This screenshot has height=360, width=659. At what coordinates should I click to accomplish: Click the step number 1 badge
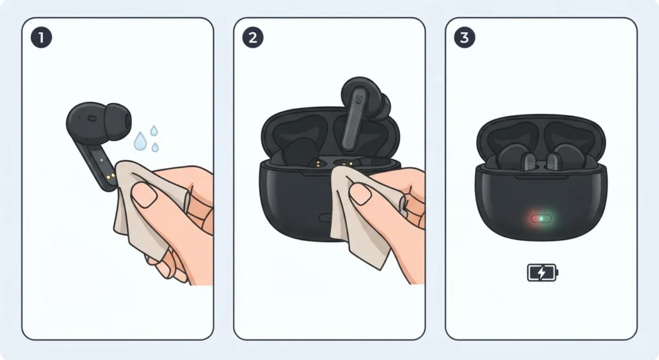(x=41, y=37)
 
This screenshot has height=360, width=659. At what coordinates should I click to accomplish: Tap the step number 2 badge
(x=253, y=37)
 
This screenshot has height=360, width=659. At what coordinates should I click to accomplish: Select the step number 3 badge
(x=465, y=37)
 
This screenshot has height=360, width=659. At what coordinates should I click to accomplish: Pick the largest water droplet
(x=140, y=141)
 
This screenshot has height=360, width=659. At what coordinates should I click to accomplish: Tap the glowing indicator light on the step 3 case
(x=541, y=219)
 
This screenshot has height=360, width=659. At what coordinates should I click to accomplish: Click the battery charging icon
(x=542, y=272)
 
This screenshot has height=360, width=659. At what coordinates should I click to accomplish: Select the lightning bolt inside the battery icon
(x=542, y=272)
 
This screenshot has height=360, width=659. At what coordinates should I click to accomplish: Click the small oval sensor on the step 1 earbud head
(x=92, y=118)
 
